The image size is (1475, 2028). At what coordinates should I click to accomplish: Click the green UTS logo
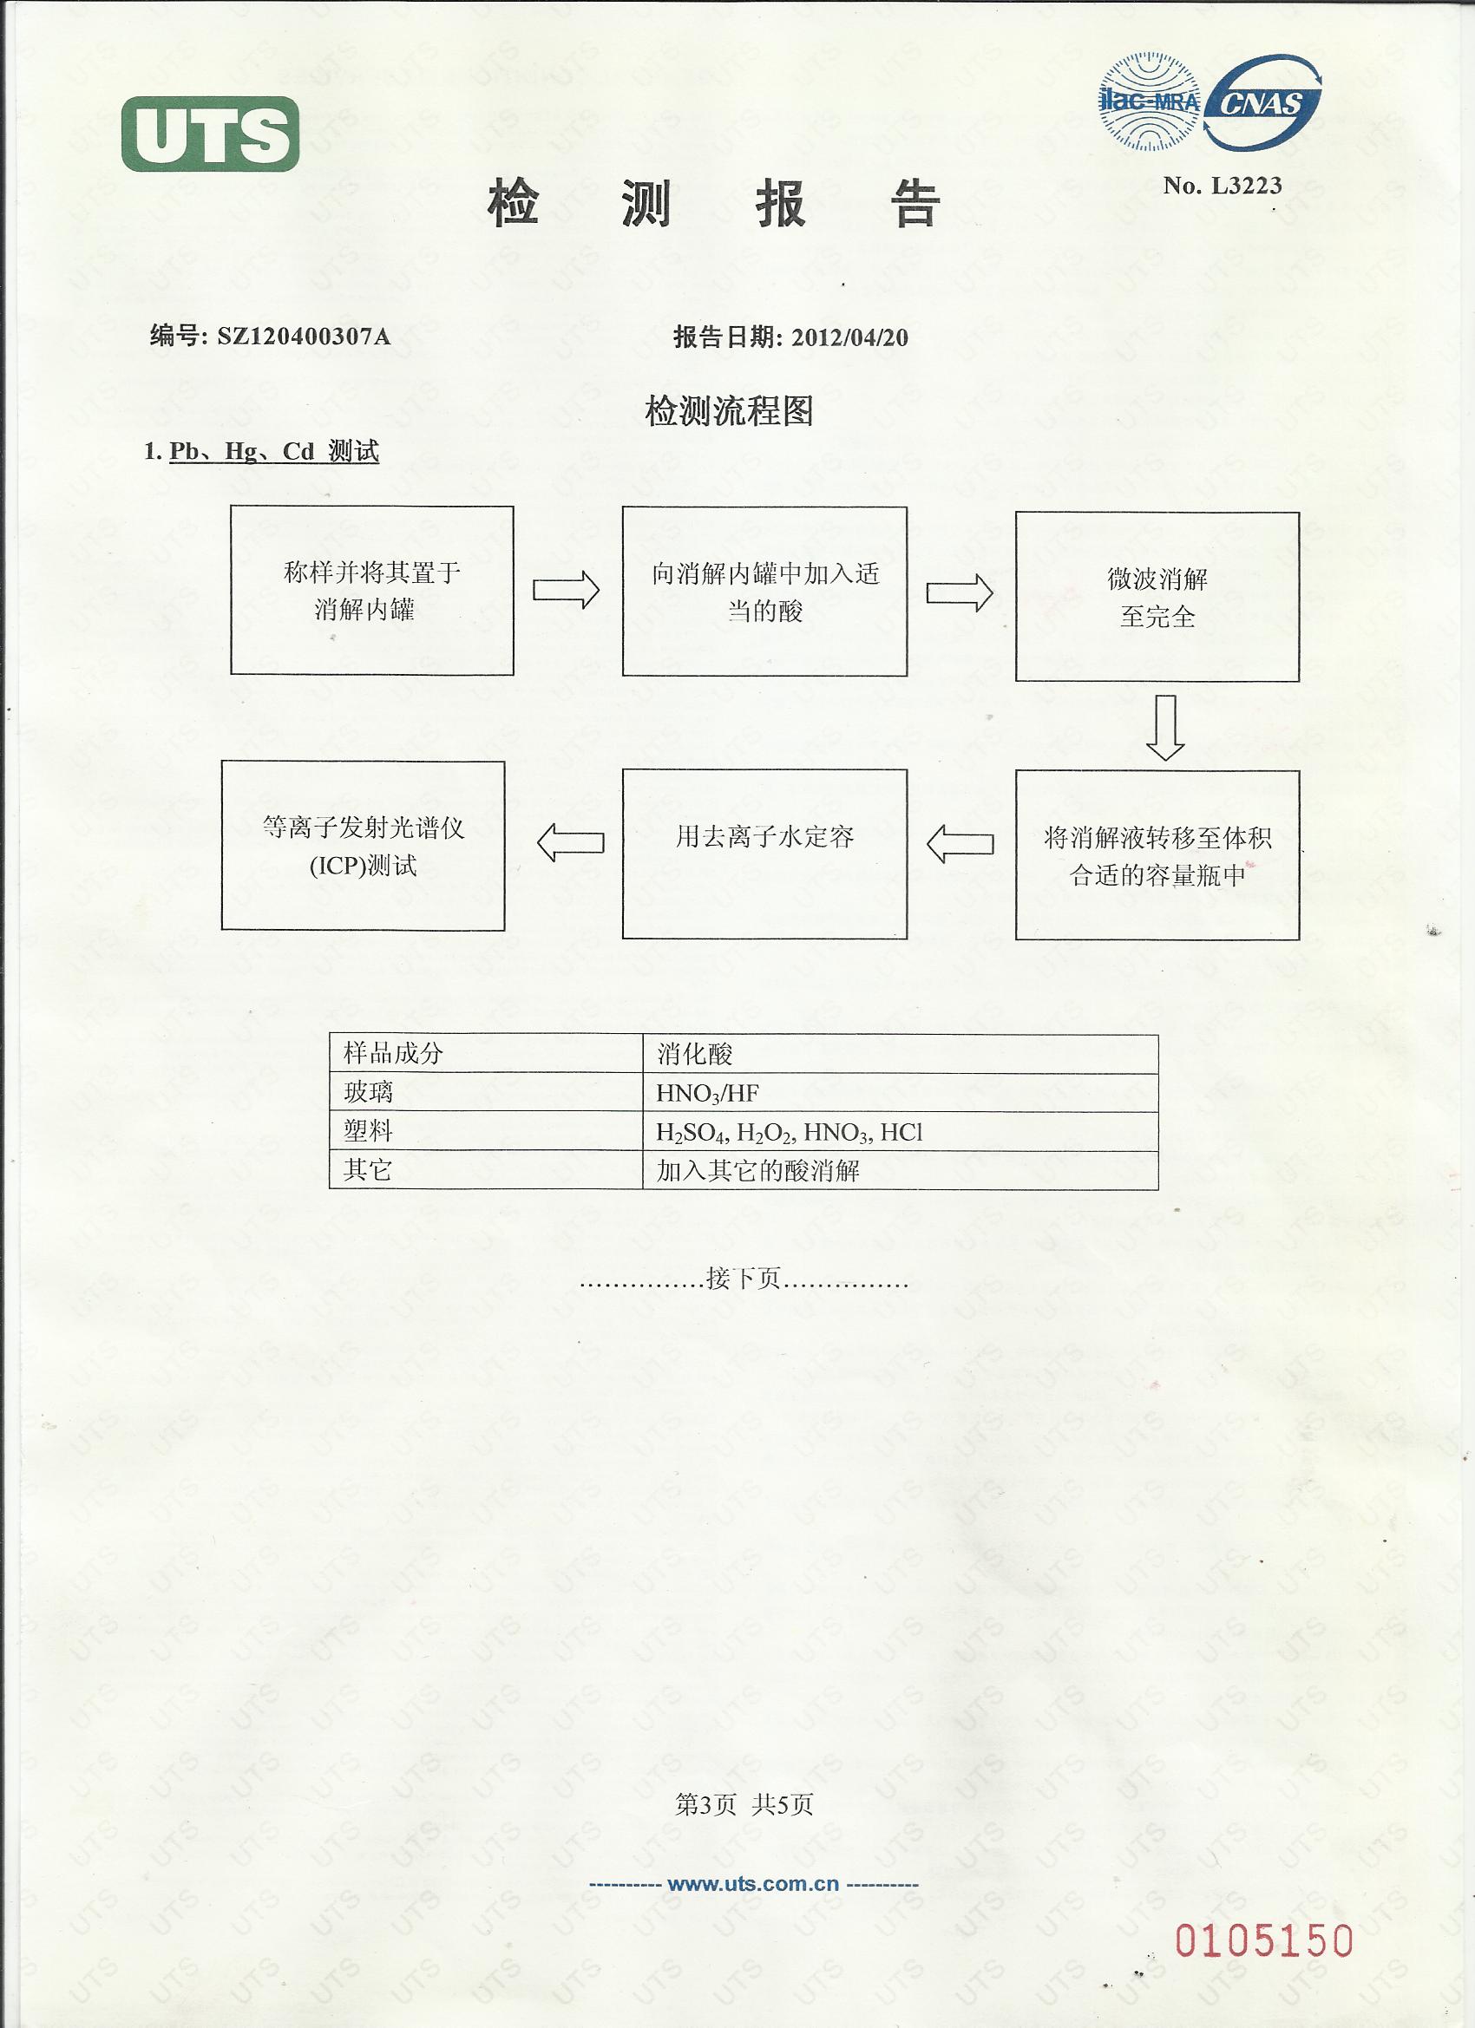[x=211, y=134]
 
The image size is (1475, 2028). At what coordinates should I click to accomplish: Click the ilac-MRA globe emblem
[x=1149, y=101]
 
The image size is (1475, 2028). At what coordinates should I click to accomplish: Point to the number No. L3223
[x=1222, y=186]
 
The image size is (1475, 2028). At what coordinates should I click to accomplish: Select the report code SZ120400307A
[x=305, y=337]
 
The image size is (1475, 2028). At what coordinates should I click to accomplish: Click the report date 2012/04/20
[x=849, y=337]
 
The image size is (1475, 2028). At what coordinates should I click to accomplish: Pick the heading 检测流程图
[x=729, y=411]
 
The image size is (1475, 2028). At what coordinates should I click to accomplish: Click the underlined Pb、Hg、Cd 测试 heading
[x=273, y=452]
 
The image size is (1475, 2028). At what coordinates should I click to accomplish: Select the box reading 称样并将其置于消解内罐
[x=372, y=590]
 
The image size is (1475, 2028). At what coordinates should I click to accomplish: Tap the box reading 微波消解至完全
[x=1157, y=597]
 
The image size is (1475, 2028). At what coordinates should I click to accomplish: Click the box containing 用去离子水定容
[x=764, y=853]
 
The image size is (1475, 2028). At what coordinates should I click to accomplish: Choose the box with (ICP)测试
[x=364, y=845]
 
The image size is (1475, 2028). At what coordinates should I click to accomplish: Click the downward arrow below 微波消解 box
[x=1164, y=727]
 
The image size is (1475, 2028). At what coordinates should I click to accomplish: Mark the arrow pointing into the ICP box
[x=571, y=843]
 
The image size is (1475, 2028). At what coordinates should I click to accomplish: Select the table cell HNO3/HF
[x=707, y=1093]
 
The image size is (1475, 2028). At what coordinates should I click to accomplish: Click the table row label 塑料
[x=369, y=1131]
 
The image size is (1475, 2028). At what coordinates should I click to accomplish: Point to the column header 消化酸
[x=695, y=1054]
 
